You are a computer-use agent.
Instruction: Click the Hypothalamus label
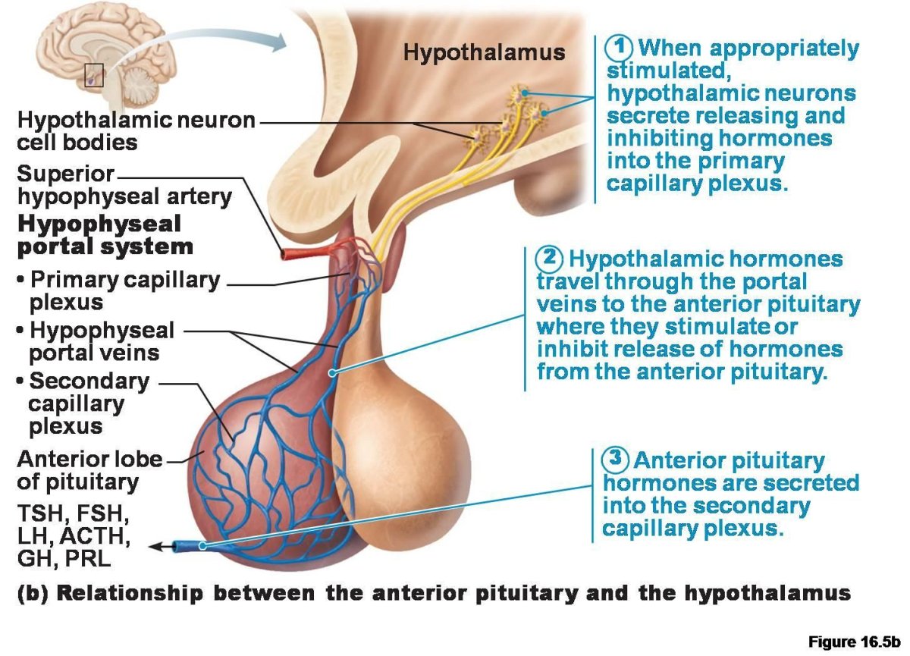click(484, 52)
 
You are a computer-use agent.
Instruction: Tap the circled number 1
click(620, 48)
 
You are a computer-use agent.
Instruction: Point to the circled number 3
click(616, 460)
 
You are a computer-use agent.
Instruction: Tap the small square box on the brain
click(93, 76)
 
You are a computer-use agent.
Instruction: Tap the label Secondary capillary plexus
click(83, 403)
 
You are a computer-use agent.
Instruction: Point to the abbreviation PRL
click(89, 560)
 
